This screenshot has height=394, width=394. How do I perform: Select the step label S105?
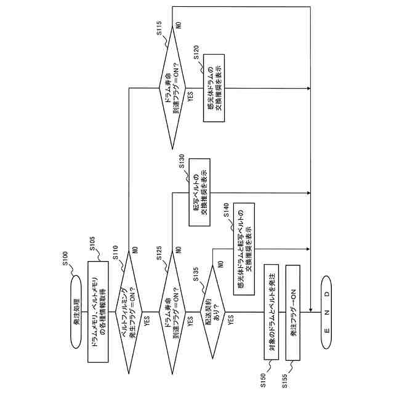pos(92,244)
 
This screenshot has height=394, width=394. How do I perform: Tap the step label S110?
pos(115,252)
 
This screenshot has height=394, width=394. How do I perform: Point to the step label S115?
pos(159,28)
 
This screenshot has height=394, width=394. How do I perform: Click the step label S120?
pos(196,52)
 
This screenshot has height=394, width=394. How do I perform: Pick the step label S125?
pos(159,253)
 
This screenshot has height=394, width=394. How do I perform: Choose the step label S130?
pos(182,161)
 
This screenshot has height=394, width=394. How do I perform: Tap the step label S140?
pos(226,210)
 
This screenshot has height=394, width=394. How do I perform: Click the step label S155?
pos(284,381)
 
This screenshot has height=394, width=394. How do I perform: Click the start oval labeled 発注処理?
pos(76,312)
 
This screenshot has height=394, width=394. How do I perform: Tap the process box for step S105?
pos(98,312)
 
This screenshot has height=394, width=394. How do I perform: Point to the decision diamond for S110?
pos(129,312)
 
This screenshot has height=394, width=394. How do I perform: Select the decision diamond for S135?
pos(212,312)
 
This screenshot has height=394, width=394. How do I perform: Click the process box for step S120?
pos(214,88)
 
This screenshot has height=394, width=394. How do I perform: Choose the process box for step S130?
pos(199,192)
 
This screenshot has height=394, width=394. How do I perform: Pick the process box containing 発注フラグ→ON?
pos(293,313)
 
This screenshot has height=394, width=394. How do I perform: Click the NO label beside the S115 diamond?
pos(179,25)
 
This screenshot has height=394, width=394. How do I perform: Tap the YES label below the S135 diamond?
pos(231,320)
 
